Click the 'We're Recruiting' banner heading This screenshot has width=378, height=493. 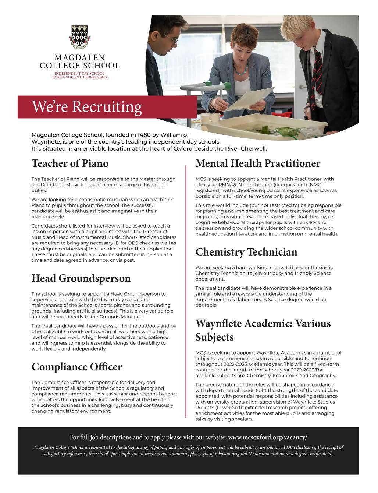click(x=87, y=107)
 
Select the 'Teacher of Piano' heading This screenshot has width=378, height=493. click(x=70, y=163)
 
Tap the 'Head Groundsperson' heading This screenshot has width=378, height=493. click(x=81, y=278)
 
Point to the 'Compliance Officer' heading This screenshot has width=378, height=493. click(x=76, y=367)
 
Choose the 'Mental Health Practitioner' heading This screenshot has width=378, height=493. click(x=258, y=163)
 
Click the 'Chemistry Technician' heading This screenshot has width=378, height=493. click(x=246, y=252)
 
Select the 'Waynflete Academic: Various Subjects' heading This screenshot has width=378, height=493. click(x=263, y=330)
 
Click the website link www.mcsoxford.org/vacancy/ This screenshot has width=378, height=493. click(x=267, y=437)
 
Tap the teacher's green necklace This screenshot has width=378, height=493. click(x=241, y=70)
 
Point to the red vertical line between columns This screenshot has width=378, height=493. click(x=186, y=291)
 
